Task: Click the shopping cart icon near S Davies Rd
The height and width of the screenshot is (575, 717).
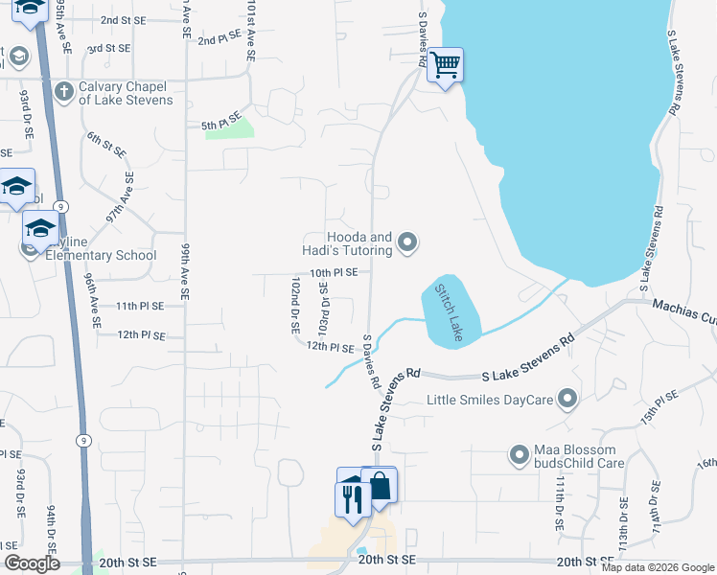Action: [x=445, y=65]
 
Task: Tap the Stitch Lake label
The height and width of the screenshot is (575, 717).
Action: [x=449, y=311]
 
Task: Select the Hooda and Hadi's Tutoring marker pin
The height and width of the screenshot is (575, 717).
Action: [x=408, y=243]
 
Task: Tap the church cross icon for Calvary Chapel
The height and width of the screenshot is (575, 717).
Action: [x=64, y=92]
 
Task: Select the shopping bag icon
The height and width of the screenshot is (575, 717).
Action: [x=380, y=486]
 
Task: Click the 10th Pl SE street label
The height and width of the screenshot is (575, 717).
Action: [x=334, y=273]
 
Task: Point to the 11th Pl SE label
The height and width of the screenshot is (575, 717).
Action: [x=139, y=306]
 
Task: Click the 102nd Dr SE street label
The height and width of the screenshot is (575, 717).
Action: [x=295, y=305]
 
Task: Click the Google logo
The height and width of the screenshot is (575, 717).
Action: [x=32, y=563]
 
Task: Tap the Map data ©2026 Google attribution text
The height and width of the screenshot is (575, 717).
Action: [x=658, y=567]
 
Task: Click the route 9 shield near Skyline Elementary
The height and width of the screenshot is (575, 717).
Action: [x=60, y=206]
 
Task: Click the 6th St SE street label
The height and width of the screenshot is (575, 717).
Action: [x=106, y=145]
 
